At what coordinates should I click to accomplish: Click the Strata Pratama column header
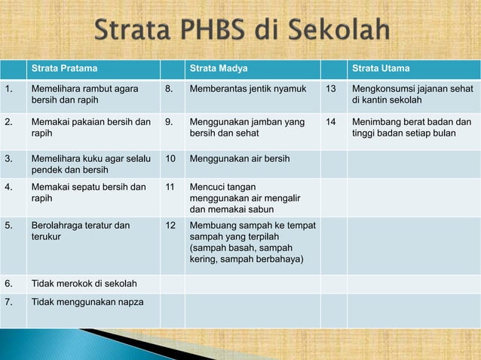[64, 69]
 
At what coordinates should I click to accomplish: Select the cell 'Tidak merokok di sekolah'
[84, 284]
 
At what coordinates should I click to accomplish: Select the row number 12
[170, 225]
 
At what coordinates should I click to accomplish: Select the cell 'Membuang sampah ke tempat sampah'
[252, 243]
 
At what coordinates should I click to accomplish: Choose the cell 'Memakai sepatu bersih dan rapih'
[88, 191]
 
